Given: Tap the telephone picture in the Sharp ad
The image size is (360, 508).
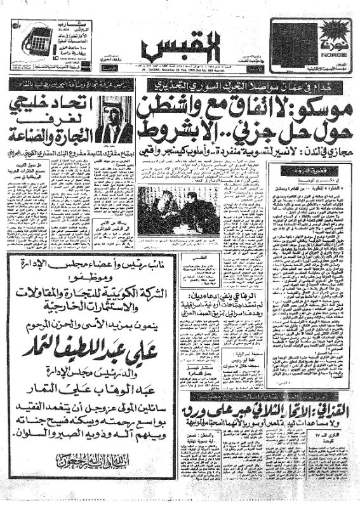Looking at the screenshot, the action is [38, 42].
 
